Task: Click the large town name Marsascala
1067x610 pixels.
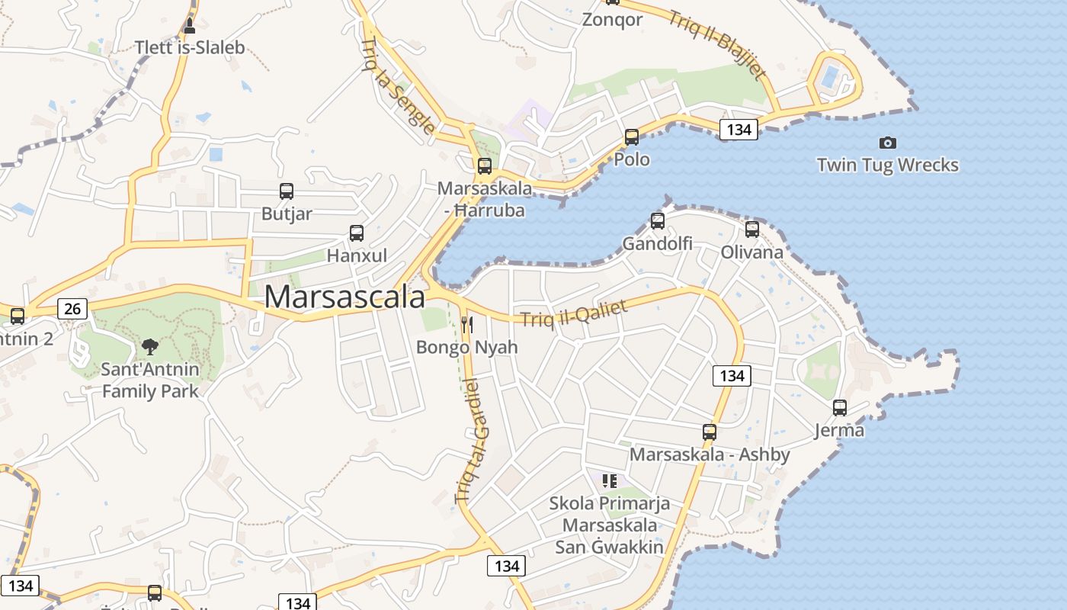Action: [x=344, y=297]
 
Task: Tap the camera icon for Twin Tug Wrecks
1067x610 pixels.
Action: [x=887, y=143]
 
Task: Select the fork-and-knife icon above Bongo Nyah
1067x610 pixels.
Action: [x=466, y=325]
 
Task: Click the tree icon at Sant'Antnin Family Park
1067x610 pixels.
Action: [x=150, y=347]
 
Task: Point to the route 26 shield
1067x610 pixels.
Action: [x=72, y=308]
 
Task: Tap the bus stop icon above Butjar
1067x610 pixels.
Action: [x=287, y=191]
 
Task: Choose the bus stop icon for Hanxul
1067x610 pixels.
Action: [x=356, y=233]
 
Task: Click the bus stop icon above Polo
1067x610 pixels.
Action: [x=632, y=137]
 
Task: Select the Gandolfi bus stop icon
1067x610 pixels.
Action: [x=658, y=221]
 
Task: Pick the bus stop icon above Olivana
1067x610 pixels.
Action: [x=752, y=229]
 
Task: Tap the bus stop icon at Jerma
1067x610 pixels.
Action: [x=839, y=408]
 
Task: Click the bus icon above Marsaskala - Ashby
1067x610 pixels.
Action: [x=710, y=432]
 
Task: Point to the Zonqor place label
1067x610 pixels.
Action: [x=612, y=20]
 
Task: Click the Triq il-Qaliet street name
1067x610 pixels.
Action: [x=574, y=312]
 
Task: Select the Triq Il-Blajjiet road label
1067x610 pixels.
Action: [x=716, y=43]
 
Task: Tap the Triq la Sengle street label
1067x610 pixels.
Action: [x=399, y=85]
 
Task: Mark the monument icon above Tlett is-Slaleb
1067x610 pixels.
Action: [x=190, y=26]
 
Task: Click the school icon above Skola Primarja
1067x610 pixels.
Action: [x=609, y=480]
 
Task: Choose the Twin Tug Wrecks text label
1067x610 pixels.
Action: [x=887, y=165]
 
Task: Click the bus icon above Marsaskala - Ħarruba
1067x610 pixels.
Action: [x=485, y=165]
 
